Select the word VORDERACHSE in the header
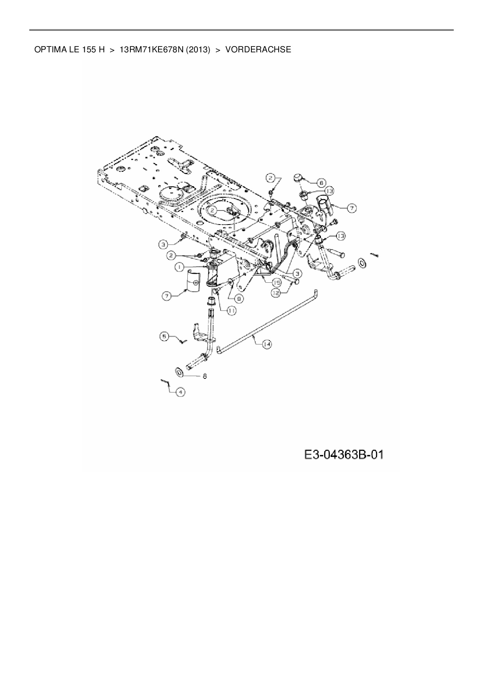258,50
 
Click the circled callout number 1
179,267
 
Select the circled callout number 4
180,391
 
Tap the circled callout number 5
164,336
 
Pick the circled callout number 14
267,344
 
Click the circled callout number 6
321,182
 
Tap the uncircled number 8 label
204,376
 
